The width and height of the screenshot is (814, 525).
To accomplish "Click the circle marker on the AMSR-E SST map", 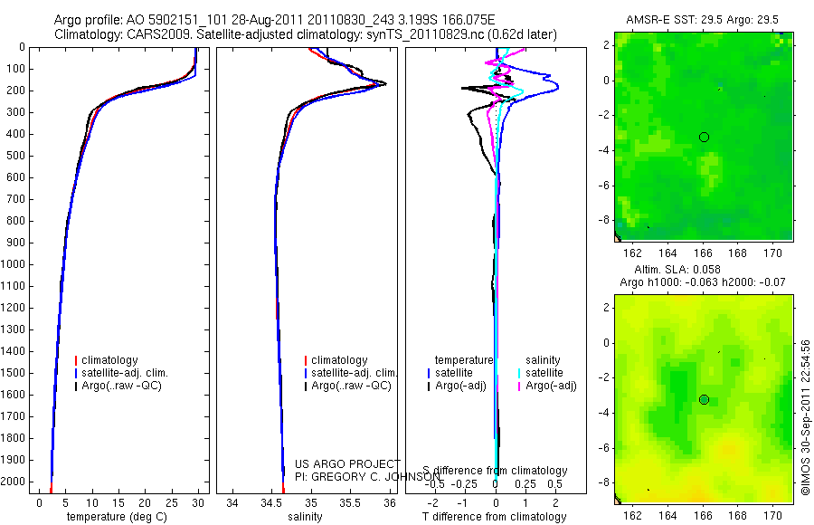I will tap(704, 137).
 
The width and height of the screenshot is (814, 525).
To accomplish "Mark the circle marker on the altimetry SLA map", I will tap(704, 399).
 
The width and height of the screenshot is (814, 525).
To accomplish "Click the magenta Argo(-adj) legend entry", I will tap(551, 386).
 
